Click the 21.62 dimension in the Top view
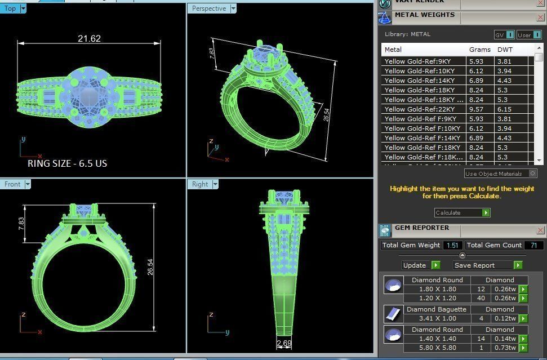(89, 39)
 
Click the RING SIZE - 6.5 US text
(67, 163)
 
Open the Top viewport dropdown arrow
(23, 8)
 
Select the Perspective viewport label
(208, 8)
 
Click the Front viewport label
(12, 184)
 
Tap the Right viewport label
(200, 184)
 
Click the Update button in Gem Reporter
(415, 265)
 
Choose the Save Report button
(474, 265)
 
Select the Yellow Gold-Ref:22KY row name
(420, 109)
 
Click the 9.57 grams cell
(476, 109)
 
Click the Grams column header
(479, 50)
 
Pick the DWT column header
(505, 50)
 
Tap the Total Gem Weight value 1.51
(452, 246)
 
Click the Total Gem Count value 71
(533, 246)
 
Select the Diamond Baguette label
(437, 309)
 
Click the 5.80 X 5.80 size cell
(437, 348)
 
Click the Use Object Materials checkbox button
(533, 174)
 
